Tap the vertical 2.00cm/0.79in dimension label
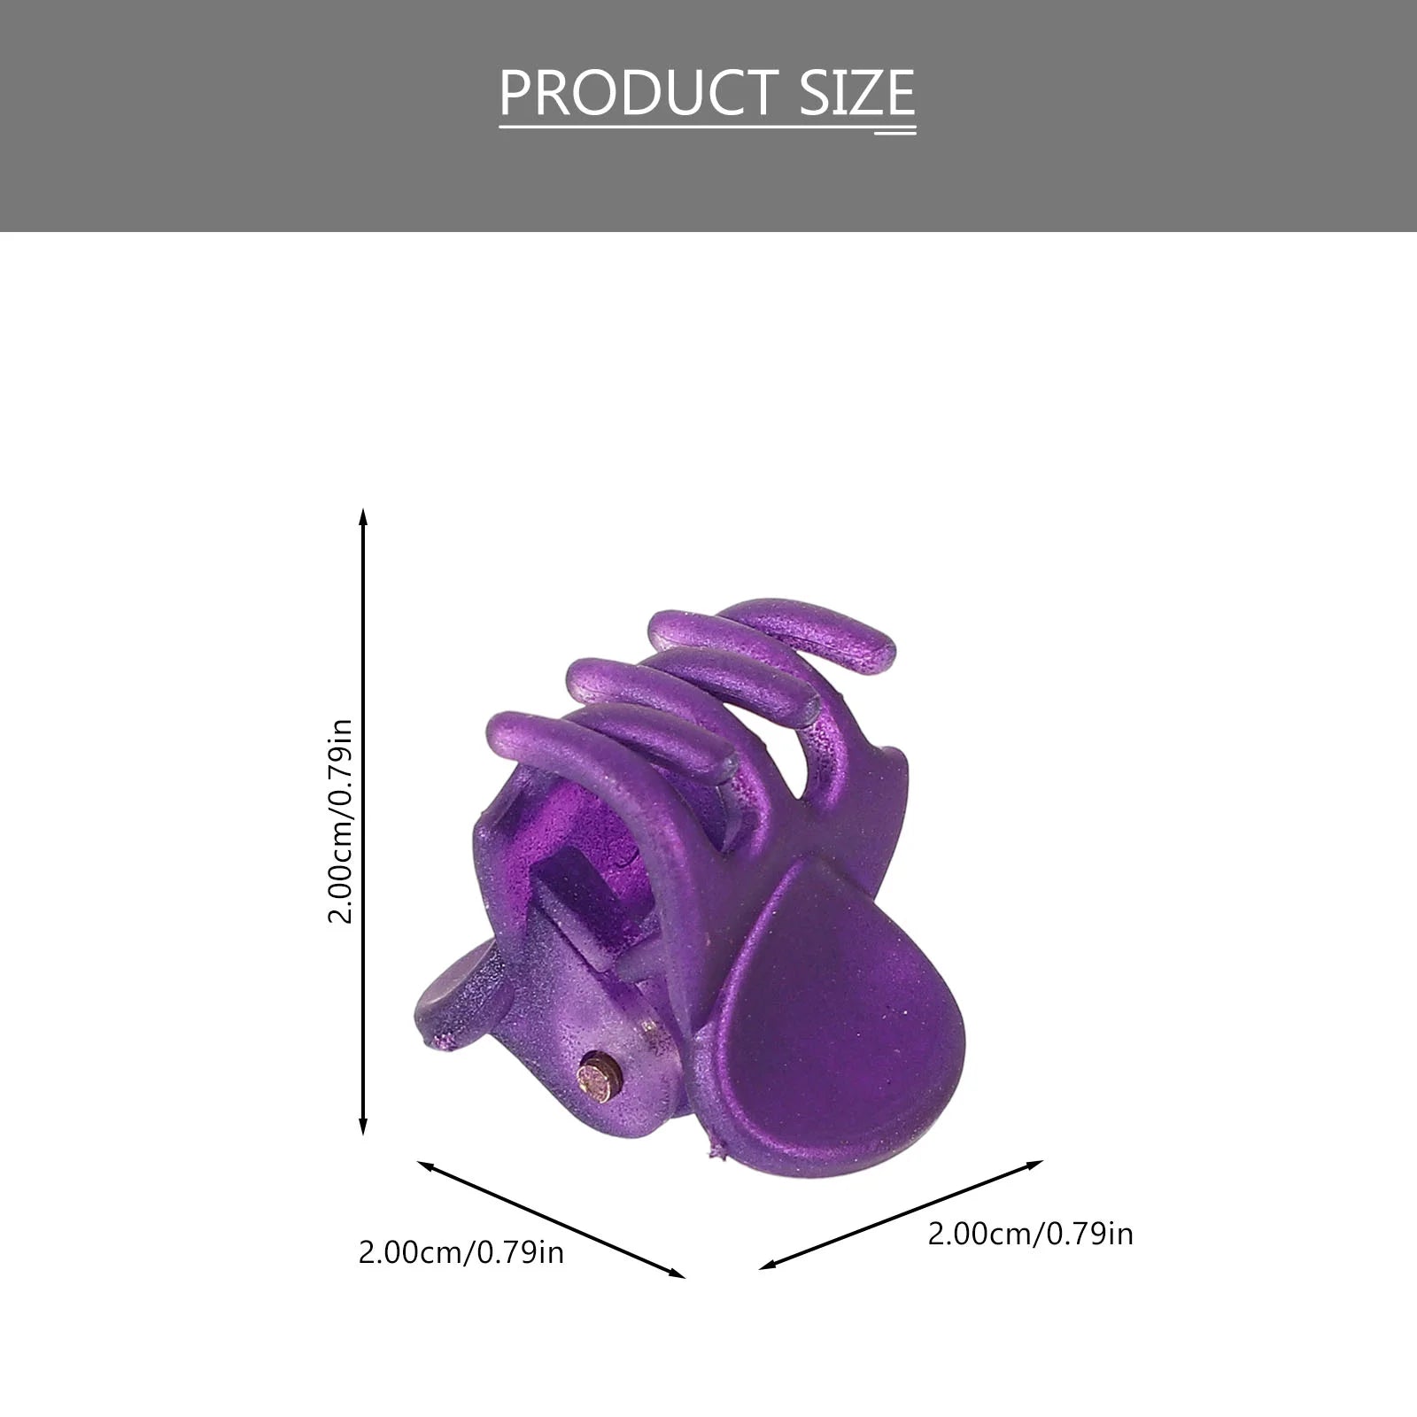point(341,821)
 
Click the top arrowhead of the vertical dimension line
point(362,517)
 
